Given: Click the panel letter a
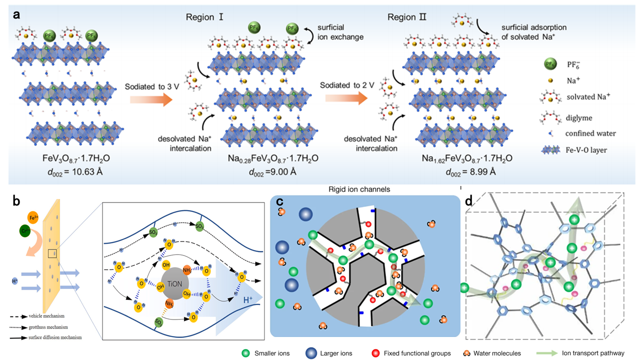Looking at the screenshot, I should coord(17,14).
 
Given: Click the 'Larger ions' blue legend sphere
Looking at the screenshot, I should coord(312,353).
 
